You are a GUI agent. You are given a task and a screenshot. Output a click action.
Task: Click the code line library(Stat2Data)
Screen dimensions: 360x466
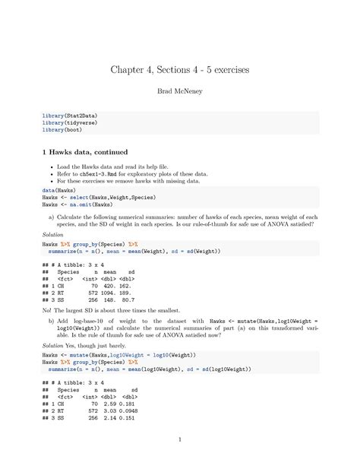tap(69, 116)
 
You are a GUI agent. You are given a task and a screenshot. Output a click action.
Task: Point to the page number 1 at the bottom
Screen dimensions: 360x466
tap(180, 440)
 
